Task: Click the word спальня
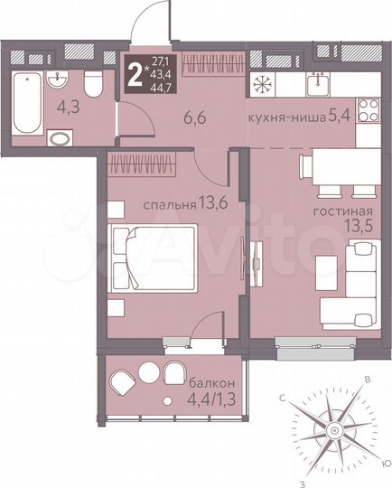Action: click(x=168, y=204)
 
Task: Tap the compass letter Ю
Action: click(x=386, y=463)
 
